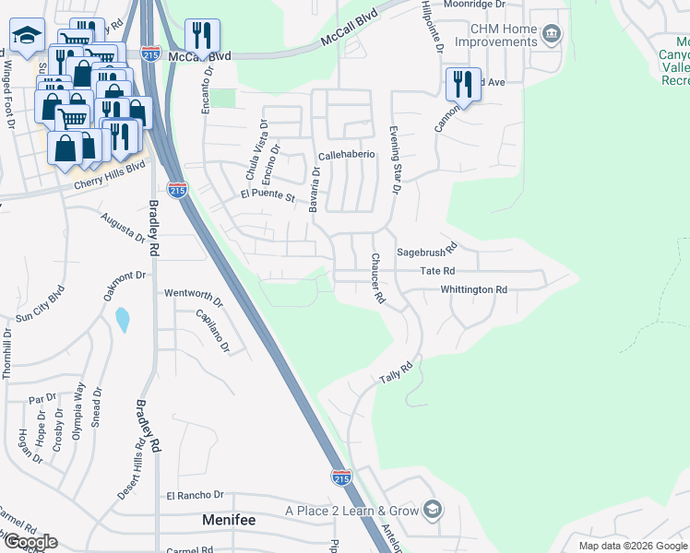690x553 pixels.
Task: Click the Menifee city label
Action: [x=228, y=521]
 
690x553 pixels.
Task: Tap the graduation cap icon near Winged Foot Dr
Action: [x=28, y=36]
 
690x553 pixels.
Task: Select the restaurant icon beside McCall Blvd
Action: [x=202, y=36]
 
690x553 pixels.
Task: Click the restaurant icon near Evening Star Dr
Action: [x=463, y=84]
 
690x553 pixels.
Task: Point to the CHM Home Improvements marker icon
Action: [x=552, y=35]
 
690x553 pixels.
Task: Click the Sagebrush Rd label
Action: [x=426, y=251]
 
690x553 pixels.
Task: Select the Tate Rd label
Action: [x=437, y=271]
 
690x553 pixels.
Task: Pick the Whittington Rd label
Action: [x=473, y=289]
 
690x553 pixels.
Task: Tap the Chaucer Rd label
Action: [x=377, y=279]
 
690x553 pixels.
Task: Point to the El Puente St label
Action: [x=267, y=195]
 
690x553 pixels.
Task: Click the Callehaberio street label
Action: [x=346, y=155]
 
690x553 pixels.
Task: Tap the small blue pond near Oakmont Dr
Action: [x=123, y=320]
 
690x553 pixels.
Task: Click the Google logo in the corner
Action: [x=30, y=542]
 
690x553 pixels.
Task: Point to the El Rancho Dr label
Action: [x=195, y=495]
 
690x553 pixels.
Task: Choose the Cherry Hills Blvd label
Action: [x=110, y=176]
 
